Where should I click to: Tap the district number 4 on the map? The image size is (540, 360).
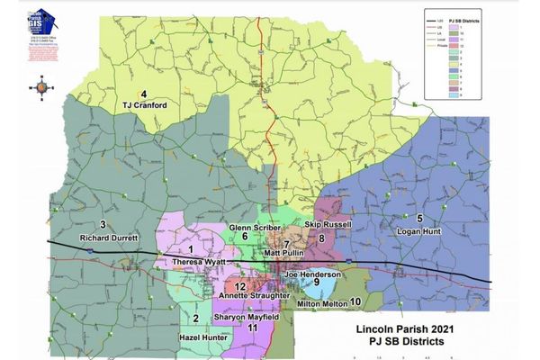point(144,94)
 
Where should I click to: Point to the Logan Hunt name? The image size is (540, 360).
point(418,231)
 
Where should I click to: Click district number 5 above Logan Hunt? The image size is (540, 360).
point(418,220)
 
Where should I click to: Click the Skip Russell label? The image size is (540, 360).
point(327,223)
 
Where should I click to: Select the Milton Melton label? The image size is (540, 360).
point(320,302)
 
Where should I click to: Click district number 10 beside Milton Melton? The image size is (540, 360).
point(355,301)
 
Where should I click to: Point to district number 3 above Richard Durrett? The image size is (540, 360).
point(103,224)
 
